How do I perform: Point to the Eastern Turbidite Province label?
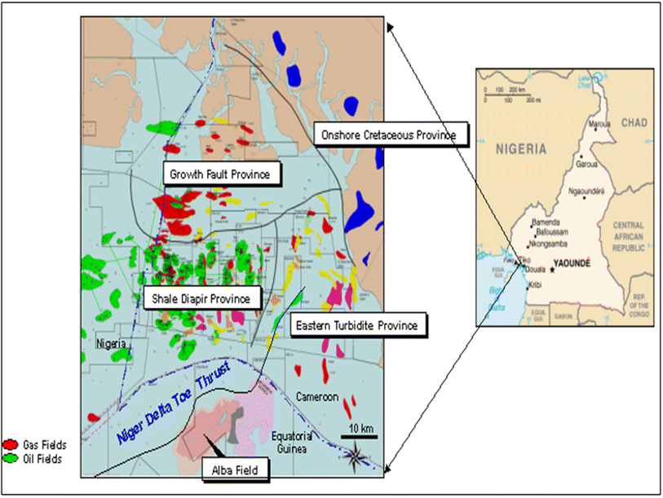pos(357,326)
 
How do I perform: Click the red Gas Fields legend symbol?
pos(11,445)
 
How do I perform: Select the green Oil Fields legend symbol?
pos(11,458)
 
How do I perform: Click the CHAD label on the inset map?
pos(633,122)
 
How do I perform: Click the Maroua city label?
pos(600,125)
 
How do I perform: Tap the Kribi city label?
pos(535,285)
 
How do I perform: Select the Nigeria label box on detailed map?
pos(110,344)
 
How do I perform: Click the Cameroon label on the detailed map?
pos(317,397)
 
